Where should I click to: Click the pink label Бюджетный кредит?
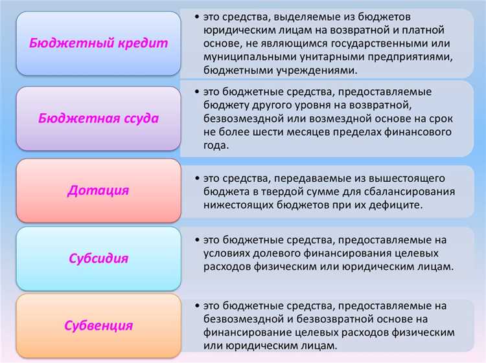click(x=98, y=43)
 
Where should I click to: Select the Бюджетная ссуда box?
click(x=98, y=119)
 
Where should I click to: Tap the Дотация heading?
click(x=98, y=190)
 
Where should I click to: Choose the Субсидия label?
click(x=98, y=258)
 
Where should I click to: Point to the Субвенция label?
click(x=98, y=325)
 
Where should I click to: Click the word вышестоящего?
click(x=393, y=177)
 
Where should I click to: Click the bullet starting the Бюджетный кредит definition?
click(x=196, y=16)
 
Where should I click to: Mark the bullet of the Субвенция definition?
click(x=196, y=304)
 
